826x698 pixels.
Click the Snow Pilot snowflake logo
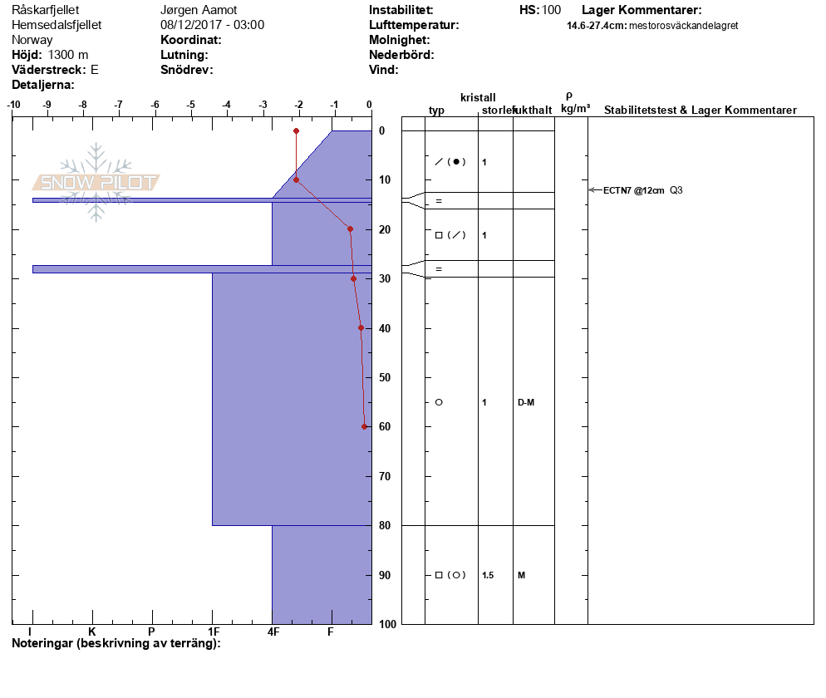96,182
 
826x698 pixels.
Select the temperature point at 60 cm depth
364,426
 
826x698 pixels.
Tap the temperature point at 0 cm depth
296,130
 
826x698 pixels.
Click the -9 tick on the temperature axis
47,105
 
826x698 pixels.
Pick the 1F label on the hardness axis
214,632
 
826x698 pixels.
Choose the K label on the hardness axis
92,632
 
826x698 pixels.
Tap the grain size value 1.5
488,575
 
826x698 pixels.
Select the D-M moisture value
525,402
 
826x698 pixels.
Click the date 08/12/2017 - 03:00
212,25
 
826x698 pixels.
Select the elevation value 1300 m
68,55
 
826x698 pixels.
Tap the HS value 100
551,10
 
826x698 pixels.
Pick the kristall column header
478,97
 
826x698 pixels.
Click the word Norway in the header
32,40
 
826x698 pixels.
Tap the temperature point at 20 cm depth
350,229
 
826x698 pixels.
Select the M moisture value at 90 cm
521,575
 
